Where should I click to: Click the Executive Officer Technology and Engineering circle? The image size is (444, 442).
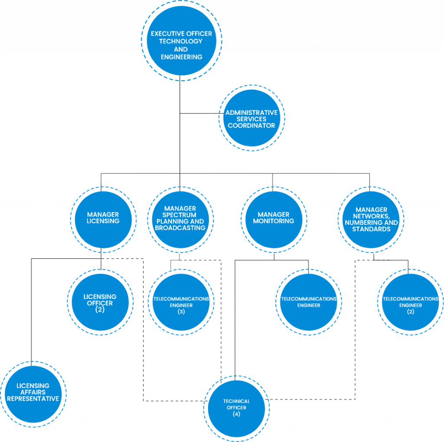(x=181, y=41)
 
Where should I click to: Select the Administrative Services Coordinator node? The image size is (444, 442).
(x=251, y=118)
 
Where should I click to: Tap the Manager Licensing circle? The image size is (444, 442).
(x=103, y=221)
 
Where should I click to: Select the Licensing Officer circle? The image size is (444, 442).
(x=100, y=303)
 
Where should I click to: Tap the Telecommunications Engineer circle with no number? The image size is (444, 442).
(x=309, y=302)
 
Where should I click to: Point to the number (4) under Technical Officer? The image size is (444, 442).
(x=236, y=414)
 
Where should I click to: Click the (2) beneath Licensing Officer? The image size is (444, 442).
(x=100, y=309)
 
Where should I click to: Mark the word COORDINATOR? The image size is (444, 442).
(x=251, y=126)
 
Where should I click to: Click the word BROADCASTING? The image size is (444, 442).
(x=180, y=228)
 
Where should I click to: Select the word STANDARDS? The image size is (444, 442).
(x=371, y=229)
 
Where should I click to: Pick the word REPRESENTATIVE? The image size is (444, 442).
(x=33, y=399)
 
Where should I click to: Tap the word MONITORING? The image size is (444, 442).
(x=273, y=221)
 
